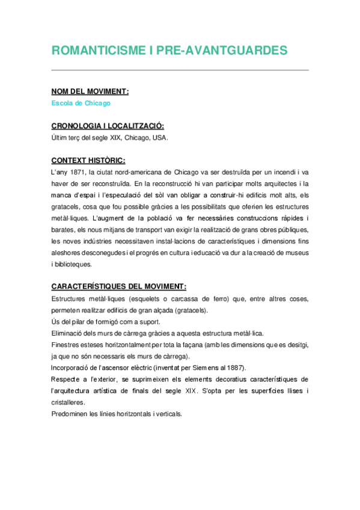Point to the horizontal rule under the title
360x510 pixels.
180,70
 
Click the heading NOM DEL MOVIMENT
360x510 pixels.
90,91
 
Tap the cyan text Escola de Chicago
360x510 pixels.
81,103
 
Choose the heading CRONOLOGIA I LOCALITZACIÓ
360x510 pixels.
108,126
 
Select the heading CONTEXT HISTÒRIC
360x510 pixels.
88,161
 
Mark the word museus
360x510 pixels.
294,253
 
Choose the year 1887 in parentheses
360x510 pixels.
230,367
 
